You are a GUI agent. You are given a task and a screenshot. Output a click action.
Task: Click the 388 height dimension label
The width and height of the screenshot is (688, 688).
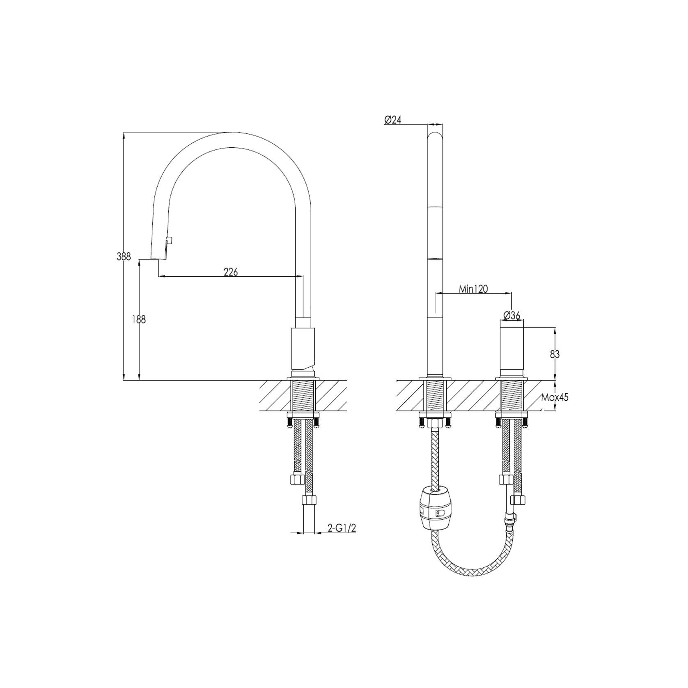click(x=124, y=257)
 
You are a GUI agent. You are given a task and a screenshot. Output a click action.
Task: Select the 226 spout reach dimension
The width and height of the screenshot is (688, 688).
click(x=231, y=271)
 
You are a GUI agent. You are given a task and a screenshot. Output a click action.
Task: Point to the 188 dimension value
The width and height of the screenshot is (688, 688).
click(x=139, y=319)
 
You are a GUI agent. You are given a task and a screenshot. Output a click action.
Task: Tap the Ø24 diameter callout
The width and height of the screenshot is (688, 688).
click(x=392, y=119)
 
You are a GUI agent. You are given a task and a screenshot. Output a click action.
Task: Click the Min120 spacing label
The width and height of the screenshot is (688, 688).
click(x=473, y=289)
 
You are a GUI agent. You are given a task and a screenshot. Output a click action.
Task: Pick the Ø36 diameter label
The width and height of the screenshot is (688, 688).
click(x=511, y=315)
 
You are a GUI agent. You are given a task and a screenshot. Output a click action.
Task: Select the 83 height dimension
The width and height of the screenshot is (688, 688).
click(x=555, y=353)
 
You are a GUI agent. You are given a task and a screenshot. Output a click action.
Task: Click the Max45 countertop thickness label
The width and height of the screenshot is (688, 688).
click(x=555, y=397)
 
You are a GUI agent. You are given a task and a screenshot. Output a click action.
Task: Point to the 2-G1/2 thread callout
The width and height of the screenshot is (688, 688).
click(x=342, y=528)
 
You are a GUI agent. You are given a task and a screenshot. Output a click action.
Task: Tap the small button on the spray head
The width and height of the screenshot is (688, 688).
click(x=170, y=240)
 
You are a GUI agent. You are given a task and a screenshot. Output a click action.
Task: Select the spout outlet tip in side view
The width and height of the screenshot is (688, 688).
click(x=158, y=258)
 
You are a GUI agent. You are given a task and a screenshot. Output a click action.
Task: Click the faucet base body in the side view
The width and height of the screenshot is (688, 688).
click(x=303, y=349)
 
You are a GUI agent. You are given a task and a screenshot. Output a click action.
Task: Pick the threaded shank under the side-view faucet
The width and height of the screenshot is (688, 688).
click(x=303, y=396)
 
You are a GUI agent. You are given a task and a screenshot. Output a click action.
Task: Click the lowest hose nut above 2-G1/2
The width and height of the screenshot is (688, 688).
click(x=309, y=501)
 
